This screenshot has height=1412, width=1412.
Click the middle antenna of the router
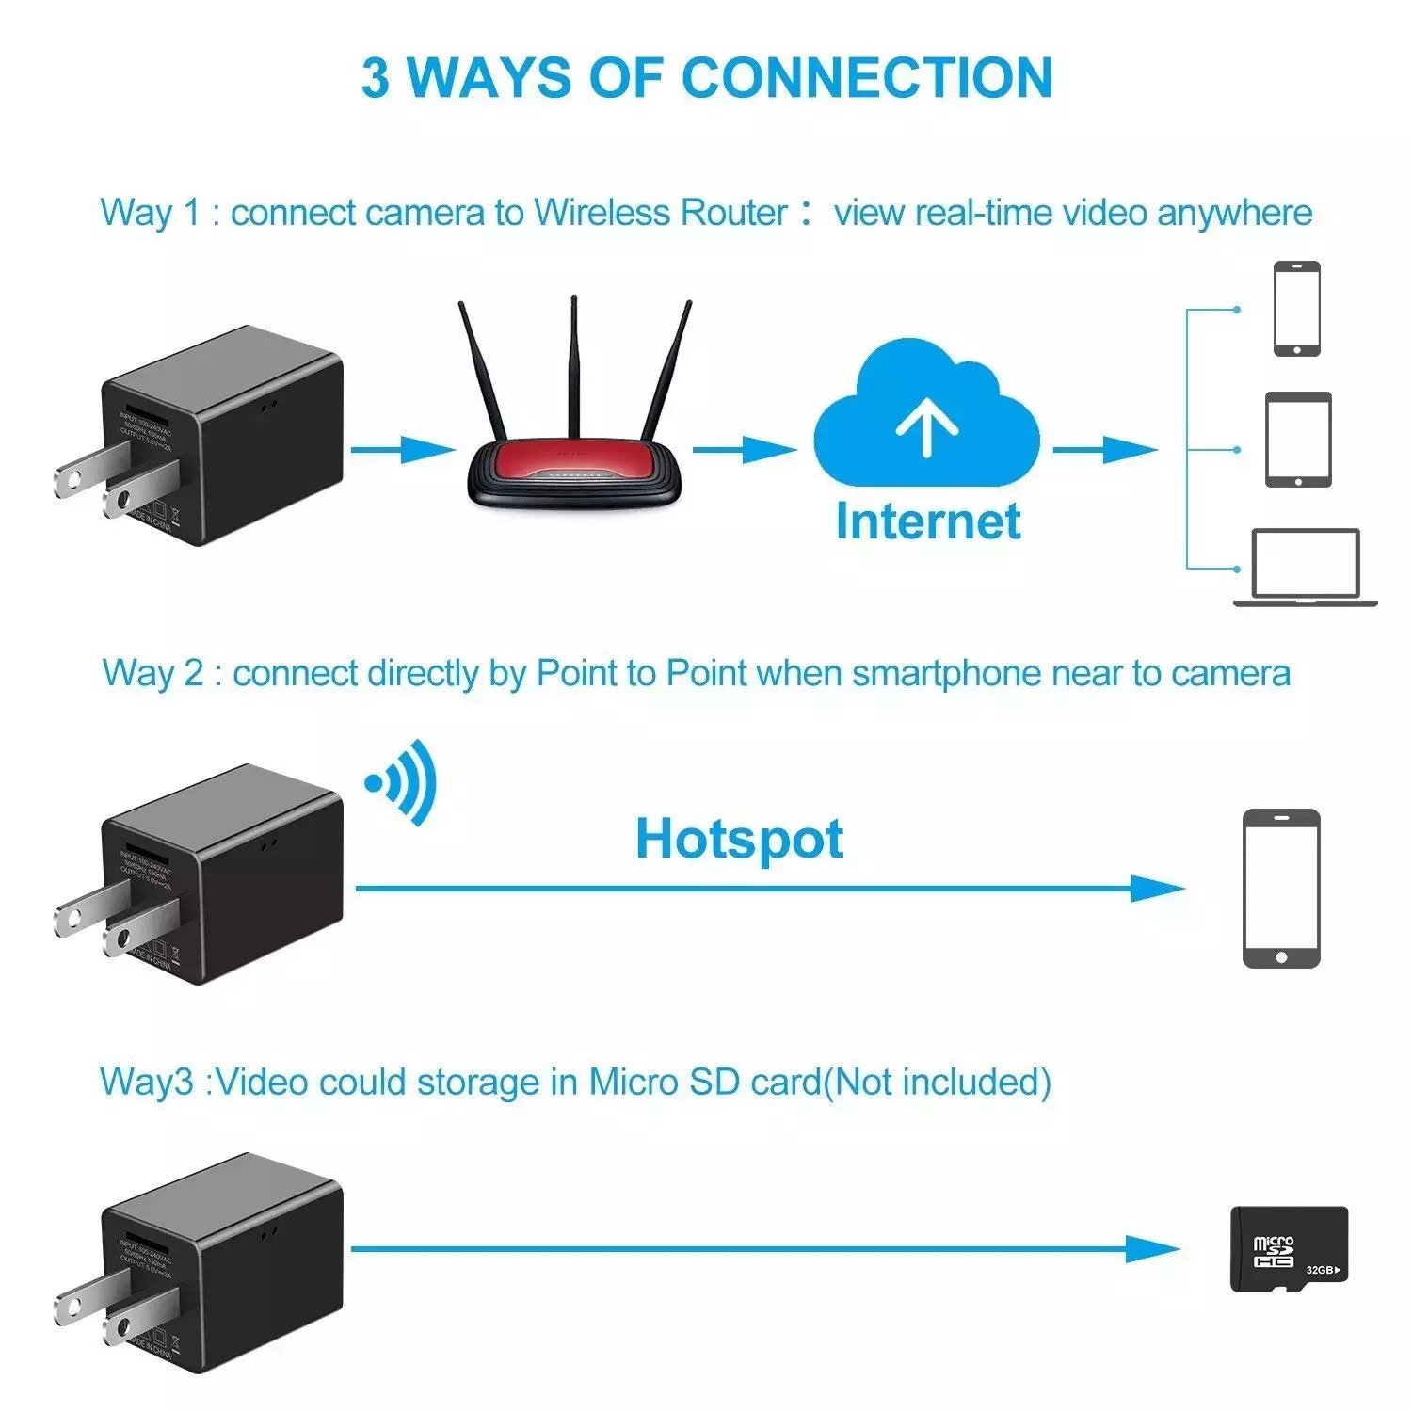tap(573, 367)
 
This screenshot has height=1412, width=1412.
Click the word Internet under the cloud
tap(928, 521)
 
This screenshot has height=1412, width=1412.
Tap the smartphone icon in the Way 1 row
tap(1296, 309)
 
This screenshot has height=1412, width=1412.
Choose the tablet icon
tap(1298, 440)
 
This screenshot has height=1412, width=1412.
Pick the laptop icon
tap(1306, 567)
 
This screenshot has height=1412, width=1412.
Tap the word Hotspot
tap(739, 839)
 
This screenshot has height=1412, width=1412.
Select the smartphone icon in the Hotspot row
tap(1281, 888)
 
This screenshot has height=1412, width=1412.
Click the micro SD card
tap(1289, 1249)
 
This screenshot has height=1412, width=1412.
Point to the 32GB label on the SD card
tap(1323, 1270)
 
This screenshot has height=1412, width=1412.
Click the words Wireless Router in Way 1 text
tap(660, 213)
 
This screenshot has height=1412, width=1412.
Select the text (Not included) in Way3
tap(938, 1083)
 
